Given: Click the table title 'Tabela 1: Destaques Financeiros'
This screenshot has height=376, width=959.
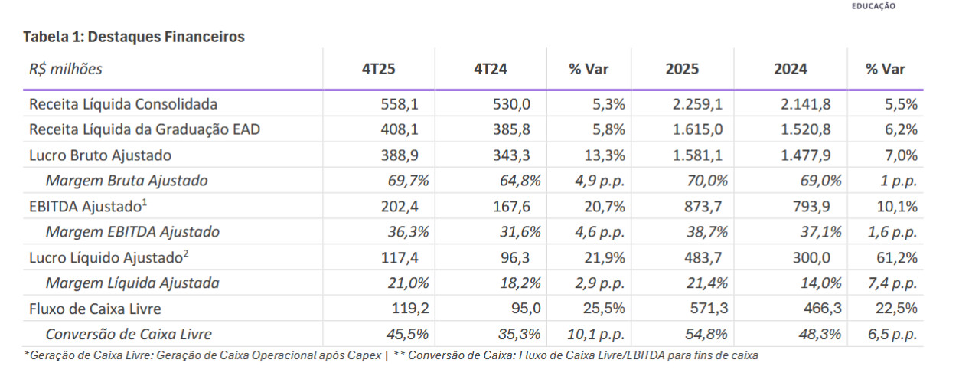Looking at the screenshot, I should point(134,37).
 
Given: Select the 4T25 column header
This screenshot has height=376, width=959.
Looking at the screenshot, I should point(379,69).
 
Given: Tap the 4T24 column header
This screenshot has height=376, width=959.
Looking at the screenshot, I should point(491,69).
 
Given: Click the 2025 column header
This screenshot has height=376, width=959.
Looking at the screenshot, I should point(682,69).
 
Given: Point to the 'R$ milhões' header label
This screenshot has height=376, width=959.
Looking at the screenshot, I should point(66,69).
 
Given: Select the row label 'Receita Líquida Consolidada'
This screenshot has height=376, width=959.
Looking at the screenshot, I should point(123,104).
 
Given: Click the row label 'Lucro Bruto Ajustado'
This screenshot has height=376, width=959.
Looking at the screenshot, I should point(100,155).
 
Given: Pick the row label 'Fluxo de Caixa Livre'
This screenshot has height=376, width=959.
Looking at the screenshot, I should point(95,309).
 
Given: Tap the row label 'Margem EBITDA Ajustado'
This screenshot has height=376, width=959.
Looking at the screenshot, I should point(132,232).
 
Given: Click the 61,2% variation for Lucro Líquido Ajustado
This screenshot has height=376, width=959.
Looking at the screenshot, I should point(900,258).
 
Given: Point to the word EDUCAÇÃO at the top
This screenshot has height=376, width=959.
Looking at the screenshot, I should point(873,6).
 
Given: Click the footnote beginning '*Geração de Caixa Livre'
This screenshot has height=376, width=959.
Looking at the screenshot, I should point(203,355).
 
